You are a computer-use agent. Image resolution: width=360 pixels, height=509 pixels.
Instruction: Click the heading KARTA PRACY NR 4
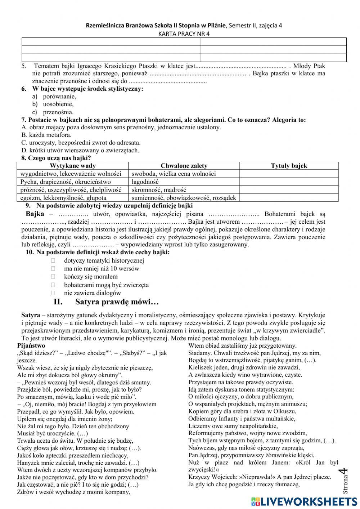pos(184,34)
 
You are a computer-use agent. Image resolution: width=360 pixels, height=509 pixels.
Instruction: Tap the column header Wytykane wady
pos(73,166)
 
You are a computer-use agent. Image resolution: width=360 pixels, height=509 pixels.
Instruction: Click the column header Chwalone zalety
pos(184,166)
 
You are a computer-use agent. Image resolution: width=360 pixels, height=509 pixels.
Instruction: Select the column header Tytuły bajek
pos(289,166)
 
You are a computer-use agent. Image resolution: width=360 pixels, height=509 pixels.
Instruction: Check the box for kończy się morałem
pos(53,277)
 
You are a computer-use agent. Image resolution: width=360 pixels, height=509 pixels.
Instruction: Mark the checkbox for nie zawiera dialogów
pos(53,293)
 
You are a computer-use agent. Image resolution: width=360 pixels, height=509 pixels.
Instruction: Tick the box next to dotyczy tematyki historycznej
pos(53,260)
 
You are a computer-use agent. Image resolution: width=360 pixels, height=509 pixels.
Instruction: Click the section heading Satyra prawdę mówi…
pos(117,302)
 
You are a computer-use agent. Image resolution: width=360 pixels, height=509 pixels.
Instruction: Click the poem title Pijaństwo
pos(31,345)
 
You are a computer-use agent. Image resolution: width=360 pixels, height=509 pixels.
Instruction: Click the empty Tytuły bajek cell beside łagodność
pos(289,182)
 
